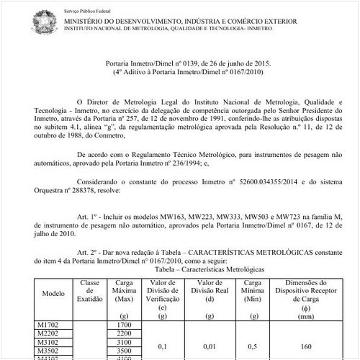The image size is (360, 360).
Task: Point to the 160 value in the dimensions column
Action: click(x=307, y=346)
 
